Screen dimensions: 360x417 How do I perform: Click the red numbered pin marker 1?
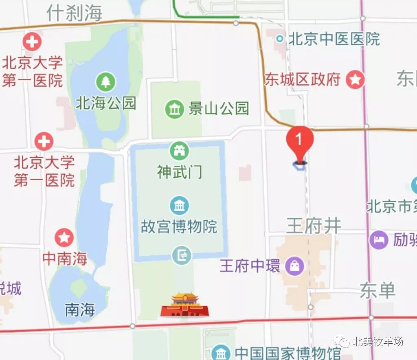(300, 140)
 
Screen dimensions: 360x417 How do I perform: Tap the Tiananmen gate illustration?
(185, 305)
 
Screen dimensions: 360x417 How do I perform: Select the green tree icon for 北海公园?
(106, 81)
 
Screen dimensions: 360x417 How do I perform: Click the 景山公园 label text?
(218, 109)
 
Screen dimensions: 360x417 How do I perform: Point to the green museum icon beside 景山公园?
(174, 109)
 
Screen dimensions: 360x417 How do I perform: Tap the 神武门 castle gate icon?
(179, 151)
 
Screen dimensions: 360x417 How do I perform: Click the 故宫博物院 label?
(179, 226)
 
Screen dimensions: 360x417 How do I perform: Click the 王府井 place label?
(313, 225)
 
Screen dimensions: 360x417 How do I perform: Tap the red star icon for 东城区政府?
(355, 80)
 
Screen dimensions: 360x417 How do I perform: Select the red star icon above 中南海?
(64, 237)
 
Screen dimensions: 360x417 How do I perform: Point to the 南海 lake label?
(80, 310)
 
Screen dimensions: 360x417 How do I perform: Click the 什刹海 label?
(74, 13)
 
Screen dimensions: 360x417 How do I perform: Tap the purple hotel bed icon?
(379, 240)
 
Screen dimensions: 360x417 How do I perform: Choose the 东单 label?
(377, 291)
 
